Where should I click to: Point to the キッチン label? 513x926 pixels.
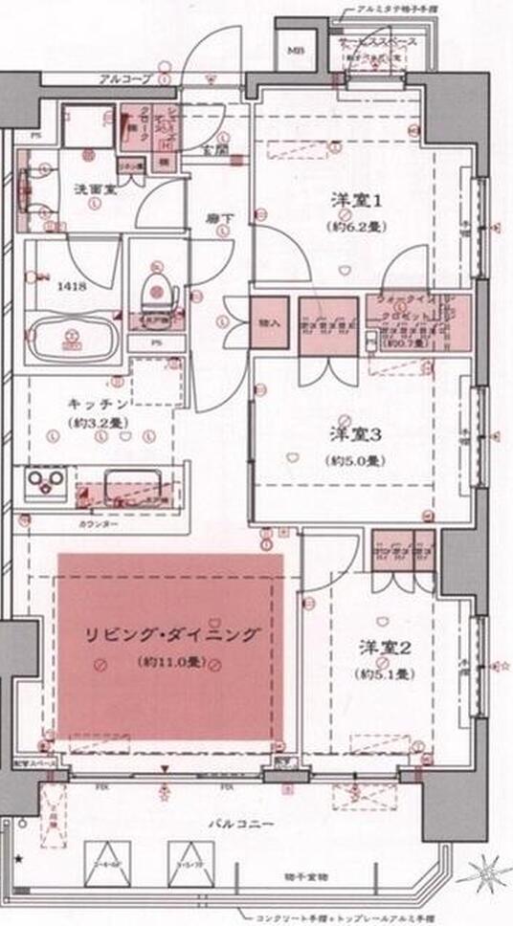point(94,404)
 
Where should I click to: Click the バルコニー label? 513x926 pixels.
point(247,822)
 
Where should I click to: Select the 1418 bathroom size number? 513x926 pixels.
point(69,285)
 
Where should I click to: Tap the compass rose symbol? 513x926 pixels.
point(484,873)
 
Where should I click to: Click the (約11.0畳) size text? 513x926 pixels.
point(169,661)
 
